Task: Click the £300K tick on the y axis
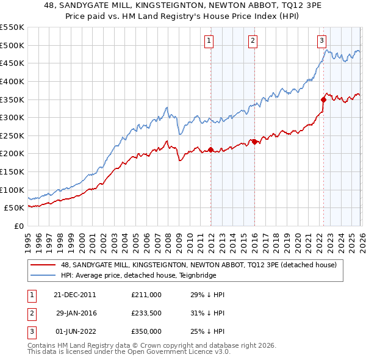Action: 12,117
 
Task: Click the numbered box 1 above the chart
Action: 209,41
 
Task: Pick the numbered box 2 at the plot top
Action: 252,41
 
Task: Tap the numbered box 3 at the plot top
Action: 321,41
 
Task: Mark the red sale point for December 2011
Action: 210,149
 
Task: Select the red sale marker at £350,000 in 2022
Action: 323,99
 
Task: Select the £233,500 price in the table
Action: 146,313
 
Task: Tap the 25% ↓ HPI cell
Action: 208,331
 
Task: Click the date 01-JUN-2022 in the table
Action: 74,331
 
